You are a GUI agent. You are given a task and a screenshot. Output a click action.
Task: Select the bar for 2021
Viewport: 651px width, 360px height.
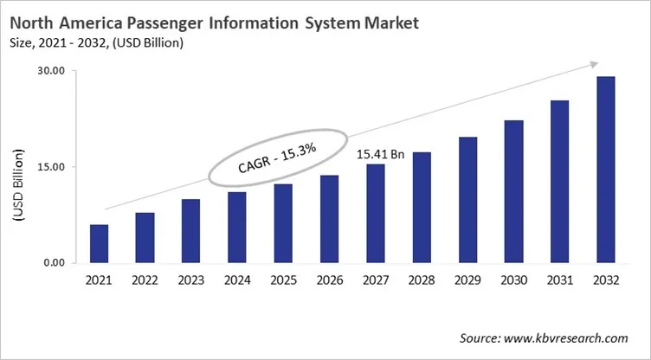point(100,243)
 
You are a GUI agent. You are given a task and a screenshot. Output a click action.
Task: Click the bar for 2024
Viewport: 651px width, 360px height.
point(237,228)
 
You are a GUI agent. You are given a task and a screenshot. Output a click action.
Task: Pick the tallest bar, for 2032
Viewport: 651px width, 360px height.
point(606,170)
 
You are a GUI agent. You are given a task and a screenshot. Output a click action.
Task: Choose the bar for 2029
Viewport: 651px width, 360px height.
point(467,200)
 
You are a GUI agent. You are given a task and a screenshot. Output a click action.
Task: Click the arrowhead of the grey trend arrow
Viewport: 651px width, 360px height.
point(594,63)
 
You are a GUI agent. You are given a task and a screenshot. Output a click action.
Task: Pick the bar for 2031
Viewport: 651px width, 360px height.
point(559,182)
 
